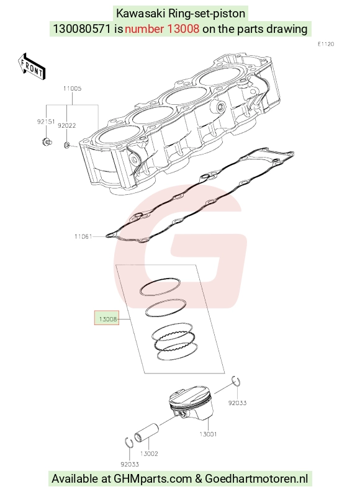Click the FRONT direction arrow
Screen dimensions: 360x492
(32, 66)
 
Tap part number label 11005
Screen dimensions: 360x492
(72, 89)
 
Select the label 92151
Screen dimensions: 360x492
(46, 122)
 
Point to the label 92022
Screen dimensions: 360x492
(67, 125)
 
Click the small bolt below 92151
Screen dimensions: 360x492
(47, 142)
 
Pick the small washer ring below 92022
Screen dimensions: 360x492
(67, 145)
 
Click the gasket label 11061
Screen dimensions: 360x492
(83, 236)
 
